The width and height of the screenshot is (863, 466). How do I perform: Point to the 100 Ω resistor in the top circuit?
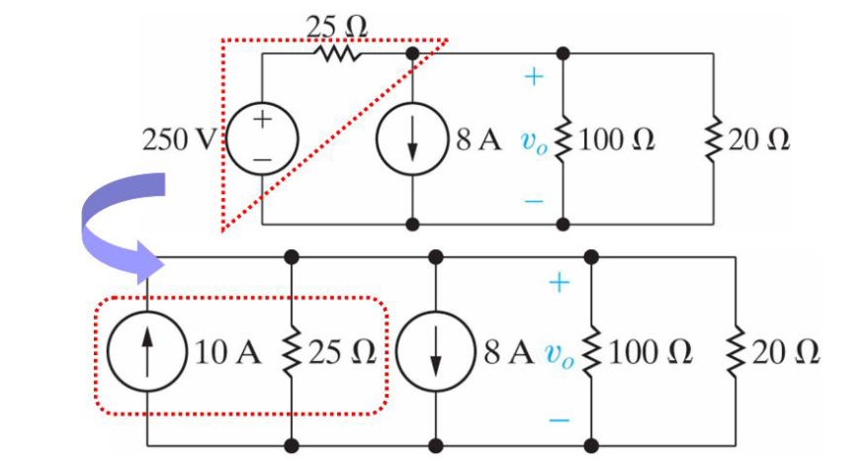tap(563, 140)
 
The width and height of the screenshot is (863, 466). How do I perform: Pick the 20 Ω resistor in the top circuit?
tap(713, 140)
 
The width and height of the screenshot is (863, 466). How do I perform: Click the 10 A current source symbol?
tap(147, 351)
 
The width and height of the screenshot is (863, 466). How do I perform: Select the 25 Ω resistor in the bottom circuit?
tap(292, 351)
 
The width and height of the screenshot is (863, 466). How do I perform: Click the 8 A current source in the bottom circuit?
tap(436, 351)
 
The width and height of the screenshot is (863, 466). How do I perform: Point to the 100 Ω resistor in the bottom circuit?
tap(592, 351)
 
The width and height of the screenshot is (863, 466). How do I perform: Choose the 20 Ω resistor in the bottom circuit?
tap(735, 351)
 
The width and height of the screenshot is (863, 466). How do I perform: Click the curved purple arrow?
tap(114, 223)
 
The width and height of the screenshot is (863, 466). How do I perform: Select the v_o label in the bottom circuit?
tap(561, 354)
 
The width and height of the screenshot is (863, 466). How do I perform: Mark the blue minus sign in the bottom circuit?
tap(560, 420)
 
